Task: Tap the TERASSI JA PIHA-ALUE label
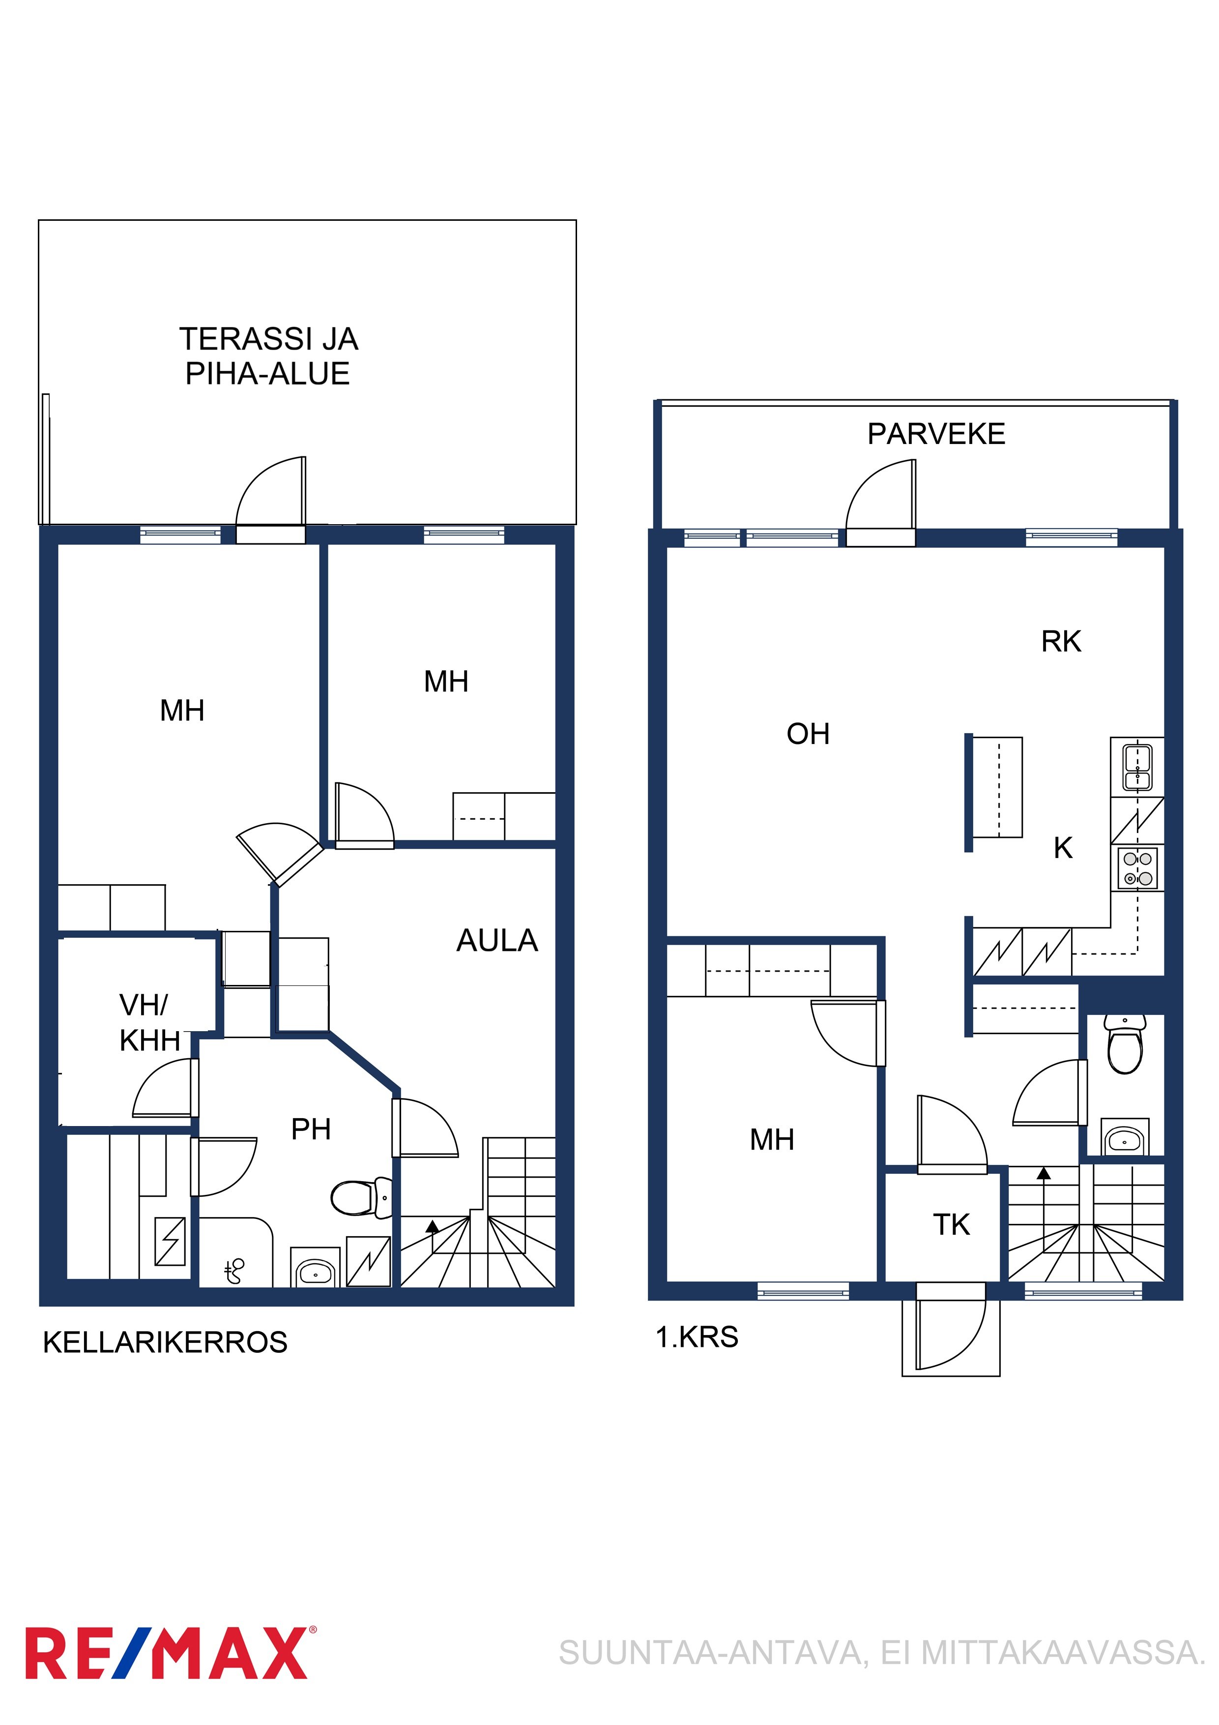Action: coord(268,356)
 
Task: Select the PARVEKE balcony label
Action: coord(936,434)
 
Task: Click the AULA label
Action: coord(497,941)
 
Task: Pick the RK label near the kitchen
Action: coord(1061,642)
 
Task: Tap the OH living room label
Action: coord(808,734)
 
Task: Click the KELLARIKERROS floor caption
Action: coord(165,1342)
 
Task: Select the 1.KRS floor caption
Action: coord(697,1338)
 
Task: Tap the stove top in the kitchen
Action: coord(1137,868)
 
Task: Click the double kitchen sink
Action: coord(1137,767)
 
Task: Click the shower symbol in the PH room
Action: coord(235,1271)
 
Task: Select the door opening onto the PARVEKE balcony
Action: coord(881,502)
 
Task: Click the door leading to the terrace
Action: coord(270,499)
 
